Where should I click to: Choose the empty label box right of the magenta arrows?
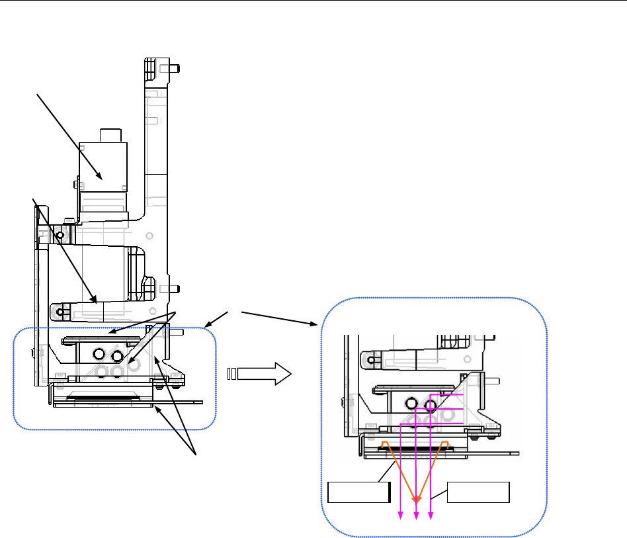tap(478, 493)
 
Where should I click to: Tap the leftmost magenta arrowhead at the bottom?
tap(400, 517)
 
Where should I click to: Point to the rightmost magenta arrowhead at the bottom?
tap(431, 517)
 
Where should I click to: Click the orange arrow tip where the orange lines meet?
tap(416, 500)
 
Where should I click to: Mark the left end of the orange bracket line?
tap(384, 442)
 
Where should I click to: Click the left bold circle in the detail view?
tap(412, 402)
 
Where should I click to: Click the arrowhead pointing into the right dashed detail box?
tap(315, 324)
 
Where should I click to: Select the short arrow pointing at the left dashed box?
tap(207, 325)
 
